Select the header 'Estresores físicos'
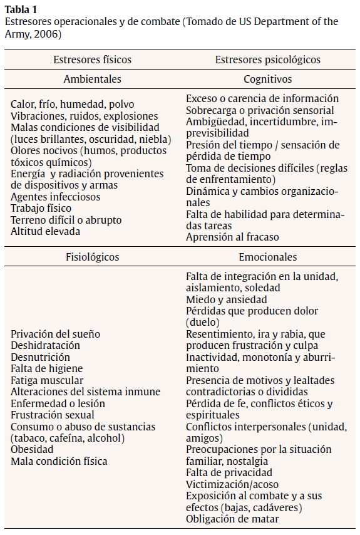click(x=93, y=60)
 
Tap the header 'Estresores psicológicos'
click(x=267, y=60)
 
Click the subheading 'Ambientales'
click(x=93, y=79)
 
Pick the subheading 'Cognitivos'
click(x=267, y=79)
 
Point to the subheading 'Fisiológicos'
click(x=93, y=257)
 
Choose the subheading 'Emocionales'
click(x=267, y=257)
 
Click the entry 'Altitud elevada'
click(x=44, y=231)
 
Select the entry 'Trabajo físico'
click(x=41, y=208)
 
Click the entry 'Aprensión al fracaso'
click(x=232, y=237)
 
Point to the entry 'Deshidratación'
click(x=45, y=345)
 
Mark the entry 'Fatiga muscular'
click(x=47, y=380)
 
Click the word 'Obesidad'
click(x=31, y=450)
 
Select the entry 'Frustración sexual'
click(x=53, y=415)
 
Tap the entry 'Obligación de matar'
click(x=232, y=519)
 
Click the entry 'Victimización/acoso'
click(x=232, y=484)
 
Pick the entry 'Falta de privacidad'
click(x=229, y=472)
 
